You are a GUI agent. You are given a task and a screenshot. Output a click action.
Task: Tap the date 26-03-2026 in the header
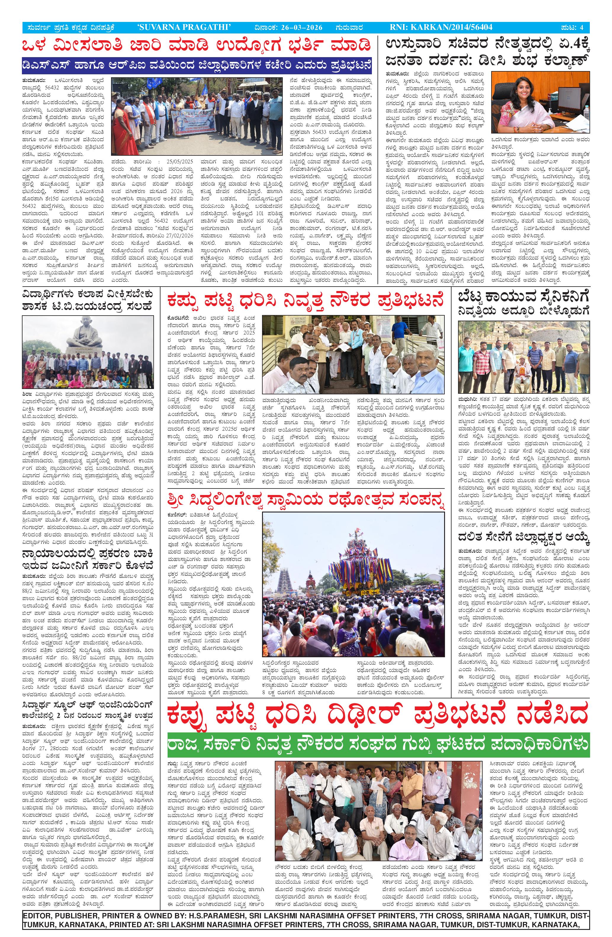click(x=302, y=27)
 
